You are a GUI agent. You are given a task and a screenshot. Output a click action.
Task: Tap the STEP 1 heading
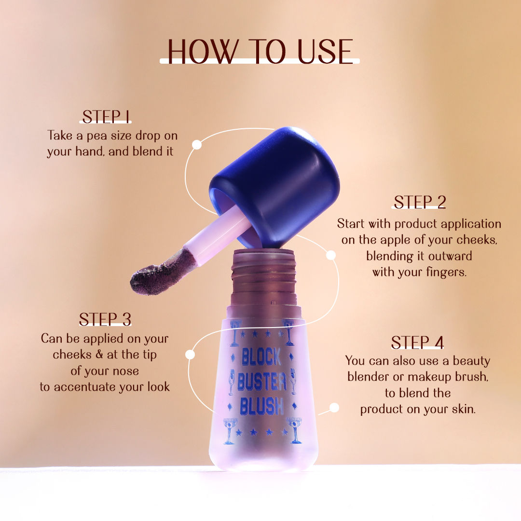tap(106, 117)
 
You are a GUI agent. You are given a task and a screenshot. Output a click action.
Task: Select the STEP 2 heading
tap(419, 202)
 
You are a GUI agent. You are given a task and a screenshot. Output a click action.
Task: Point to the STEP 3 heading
tap(105, 319)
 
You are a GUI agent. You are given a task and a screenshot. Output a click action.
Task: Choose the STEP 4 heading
tap(417, 342)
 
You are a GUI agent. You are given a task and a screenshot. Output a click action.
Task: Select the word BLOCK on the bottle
tap(261, 357)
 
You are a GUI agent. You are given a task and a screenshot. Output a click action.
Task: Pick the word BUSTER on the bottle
tap(261, 383)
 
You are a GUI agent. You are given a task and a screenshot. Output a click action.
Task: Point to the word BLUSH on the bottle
tap(261, 406)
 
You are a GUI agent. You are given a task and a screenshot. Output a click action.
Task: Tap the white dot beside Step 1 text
tap(196, 144)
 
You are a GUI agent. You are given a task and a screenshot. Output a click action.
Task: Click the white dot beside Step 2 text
tap(331, 255)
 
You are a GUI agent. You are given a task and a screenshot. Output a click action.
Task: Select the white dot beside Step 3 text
tap(190, 355)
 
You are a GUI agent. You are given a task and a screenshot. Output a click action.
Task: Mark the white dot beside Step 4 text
tap(334, 408)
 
